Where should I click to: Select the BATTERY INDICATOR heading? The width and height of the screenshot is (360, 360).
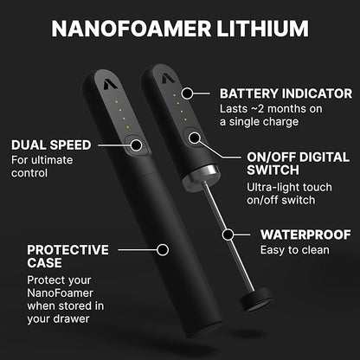point(286,93)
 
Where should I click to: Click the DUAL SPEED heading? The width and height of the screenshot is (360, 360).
point(47,144)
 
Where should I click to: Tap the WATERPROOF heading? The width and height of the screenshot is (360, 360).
point(301,234)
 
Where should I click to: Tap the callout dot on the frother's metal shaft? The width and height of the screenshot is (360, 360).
point(228,234)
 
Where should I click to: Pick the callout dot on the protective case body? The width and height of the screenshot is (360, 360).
point(161,250)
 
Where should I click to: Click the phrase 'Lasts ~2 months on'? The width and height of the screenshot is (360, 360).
point(271,108)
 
